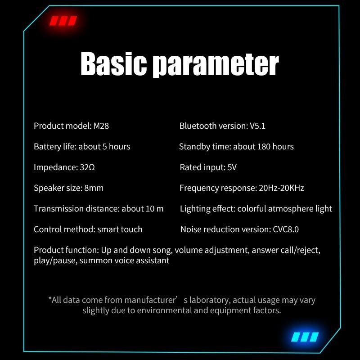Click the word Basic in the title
pos(113,63)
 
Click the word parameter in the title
pos(216,65)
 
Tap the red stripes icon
pos(63,21)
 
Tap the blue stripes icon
pos(305,337)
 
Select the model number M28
pos(101,126)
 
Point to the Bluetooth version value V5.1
pos(257,126)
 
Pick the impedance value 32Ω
pos(87,167)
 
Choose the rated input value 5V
pos(232,167)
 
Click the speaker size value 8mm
pos(94,188)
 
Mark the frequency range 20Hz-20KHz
pos(282,188)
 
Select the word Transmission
pos(59,208)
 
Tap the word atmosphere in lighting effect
pos(291,209)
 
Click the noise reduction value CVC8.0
pos(286,229)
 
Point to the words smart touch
pos(120,229)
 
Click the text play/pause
pos(55,261)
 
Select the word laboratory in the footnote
pos(209,300)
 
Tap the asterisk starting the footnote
pos(50,298)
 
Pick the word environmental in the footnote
pos(164,310)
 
